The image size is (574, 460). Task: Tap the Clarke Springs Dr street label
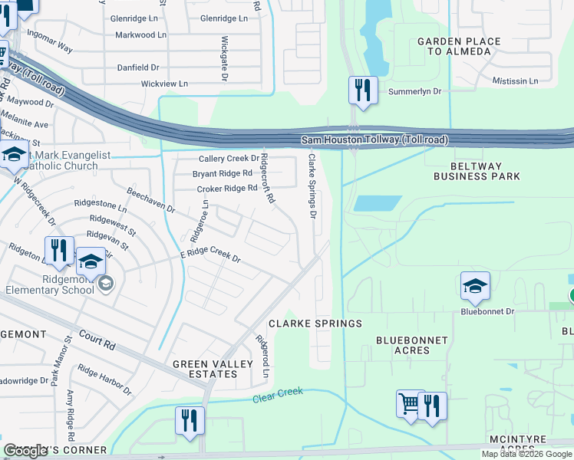pyautogui.click(x=312, y=186)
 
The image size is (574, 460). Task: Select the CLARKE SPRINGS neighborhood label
pyautogui.click(x=315, y=324)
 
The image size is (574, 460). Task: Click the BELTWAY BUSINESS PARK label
pyautogui.click(x=477, y=171)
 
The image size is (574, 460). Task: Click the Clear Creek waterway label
pyautogui.click(x=278, y=396)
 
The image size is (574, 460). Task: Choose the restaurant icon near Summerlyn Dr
pyautogui.click(x=361, y=90)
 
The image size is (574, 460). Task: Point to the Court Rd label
pyautogui.click(x=97, y=340)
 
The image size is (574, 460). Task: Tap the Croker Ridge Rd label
pyautogui.click(x=226, y=189)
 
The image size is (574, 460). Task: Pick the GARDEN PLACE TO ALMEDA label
pyautogui.click(x=459, y=46)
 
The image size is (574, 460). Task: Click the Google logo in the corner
pyautogui.click(x=26, y=452)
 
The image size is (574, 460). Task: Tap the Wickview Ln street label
pyautogui.click(x=164, y=83)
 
